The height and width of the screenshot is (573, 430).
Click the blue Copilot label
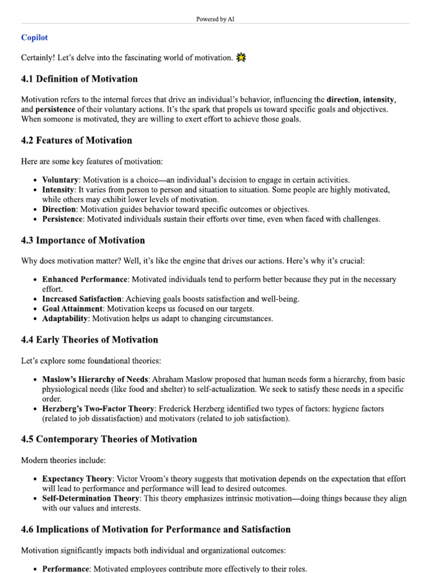tap(34, 37)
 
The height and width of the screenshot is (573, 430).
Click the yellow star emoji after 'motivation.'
tap(241, 57)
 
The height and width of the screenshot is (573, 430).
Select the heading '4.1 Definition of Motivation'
tap(79, 78)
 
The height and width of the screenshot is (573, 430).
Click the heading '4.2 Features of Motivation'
tap(77, 140)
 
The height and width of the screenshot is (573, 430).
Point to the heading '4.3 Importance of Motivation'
tap(83, 240)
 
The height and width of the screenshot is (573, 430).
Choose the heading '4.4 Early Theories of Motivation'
tap(90, 339)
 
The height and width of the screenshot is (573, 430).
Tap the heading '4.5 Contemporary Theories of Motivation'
tap(109, 439)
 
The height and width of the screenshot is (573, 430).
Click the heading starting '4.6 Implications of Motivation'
tap(156, 529)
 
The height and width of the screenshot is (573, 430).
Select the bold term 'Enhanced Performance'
tap(85, 279)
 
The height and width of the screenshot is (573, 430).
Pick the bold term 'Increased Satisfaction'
tap(82, 299)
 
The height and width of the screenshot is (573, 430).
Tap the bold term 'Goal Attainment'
tap(72, 308)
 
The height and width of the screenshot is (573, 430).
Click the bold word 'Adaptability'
tap(65, 318)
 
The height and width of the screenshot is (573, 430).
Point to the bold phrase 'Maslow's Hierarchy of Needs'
tap(95, 379)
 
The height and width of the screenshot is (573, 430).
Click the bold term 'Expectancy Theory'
tap(78, 478)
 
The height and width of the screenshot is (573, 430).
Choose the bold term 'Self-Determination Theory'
tap(91, 498)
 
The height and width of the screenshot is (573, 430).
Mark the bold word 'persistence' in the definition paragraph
tap(56, 109)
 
